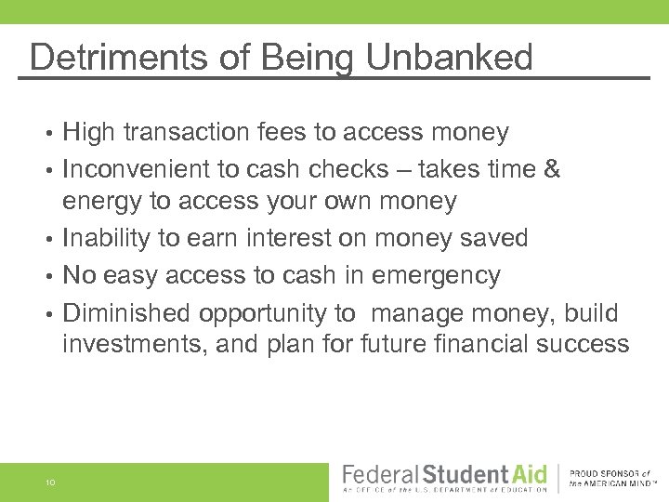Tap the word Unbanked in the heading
pos(449,58)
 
